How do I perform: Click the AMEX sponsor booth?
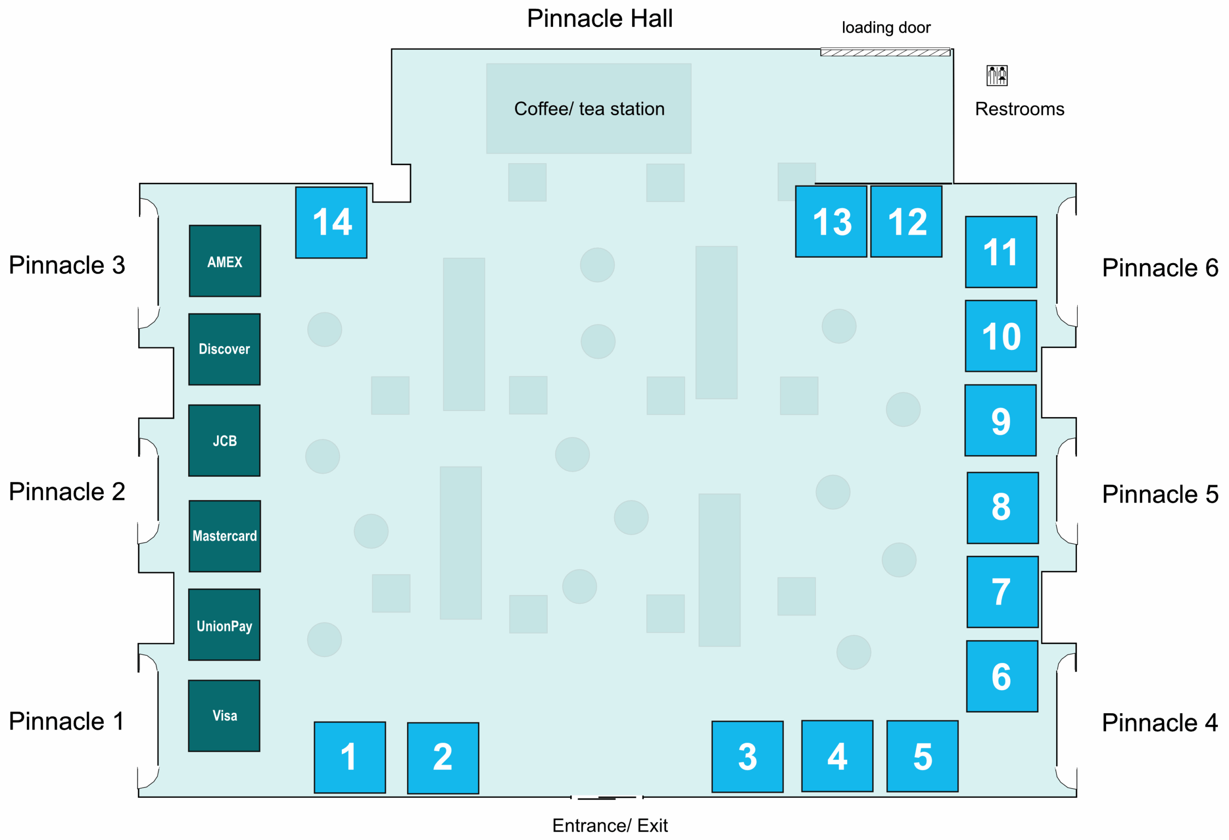pyautogui.click(x=225, y=261)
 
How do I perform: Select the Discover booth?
pyautogui.click(x=224, y=349)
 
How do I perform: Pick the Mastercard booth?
pyautogui.click(x=225, y=536)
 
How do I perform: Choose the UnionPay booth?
pyautogui.click(x=224, y=625)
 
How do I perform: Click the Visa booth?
pyautogui.click(x=224, y=716)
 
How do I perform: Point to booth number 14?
pyautogui.click(x=331, y=223)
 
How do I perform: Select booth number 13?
pyautogui.click(x=831, y=221)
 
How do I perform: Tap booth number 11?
pyautogui.click(x=1000, y=252)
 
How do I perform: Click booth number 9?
pyautogui.click(x=1000, y=420)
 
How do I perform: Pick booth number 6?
pyautogui.click(x=1001, y=677)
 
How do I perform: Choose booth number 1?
pyautogui.click(x=349, y=757)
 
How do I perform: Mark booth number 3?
pyautogui.click(x=747, y=756)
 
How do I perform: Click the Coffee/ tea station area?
pyautogui.click(x=589, y=109)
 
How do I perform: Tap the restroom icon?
pyautogui.click(x=996, y=75)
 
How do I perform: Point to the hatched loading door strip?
pyautogui.click(x=885, y=52)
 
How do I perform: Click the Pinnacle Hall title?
pyautogui.click(x=599, y=19)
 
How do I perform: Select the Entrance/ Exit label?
pyautogui.click(x=610, y=825)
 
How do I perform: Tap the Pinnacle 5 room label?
pyautogui.click(x=1160, y=494)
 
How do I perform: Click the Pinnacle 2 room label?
pyautogui.click(x=67, y=492)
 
